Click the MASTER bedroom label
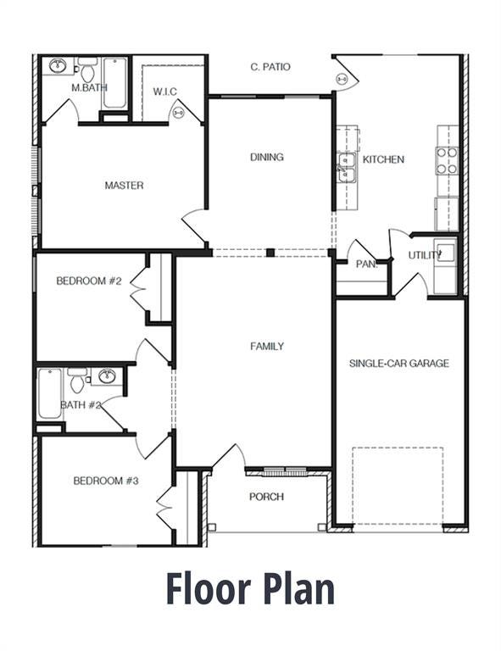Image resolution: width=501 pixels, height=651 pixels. (124, 185)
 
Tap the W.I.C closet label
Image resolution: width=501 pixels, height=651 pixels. (164, 91)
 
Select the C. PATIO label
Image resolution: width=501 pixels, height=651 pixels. (270, 66)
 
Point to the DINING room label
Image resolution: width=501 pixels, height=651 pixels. (266, 157)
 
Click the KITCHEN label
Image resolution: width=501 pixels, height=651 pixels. (383, 159)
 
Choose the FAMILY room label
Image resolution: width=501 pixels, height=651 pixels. (266, 346)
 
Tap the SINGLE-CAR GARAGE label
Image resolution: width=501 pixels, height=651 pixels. (398, 363)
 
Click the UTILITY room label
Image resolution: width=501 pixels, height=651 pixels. (424, 254)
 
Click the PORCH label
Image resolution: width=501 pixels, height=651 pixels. (266, 497)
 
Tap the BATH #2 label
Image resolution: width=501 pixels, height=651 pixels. (81, 405)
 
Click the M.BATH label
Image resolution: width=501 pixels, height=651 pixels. (86, 87)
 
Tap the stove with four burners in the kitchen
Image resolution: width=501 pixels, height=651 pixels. (447, 159)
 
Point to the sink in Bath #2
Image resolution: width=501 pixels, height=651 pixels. (107, 376)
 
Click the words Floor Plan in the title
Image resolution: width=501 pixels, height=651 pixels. (250, 588)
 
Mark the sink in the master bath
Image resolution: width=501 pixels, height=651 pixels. (58, 65)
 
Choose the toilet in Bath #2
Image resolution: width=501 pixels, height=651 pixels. (77, 381)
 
